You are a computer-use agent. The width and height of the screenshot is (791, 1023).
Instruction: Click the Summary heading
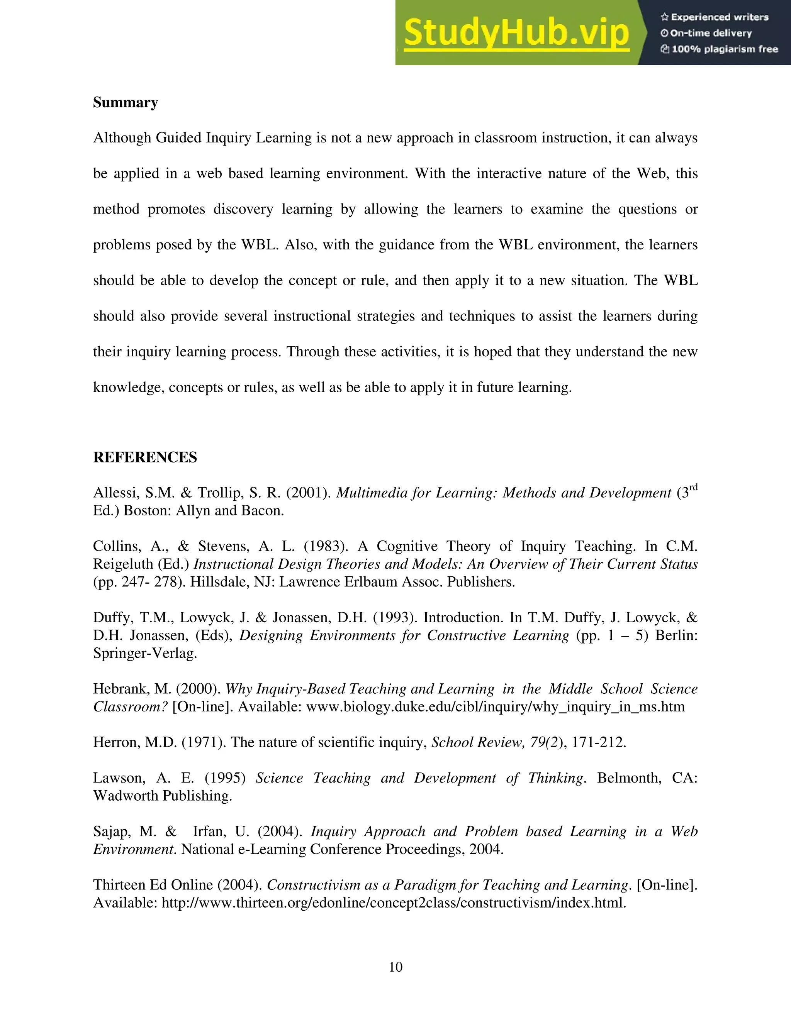[125, 103]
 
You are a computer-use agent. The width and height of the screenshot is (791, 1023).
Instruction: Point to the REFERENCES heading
[145, 457]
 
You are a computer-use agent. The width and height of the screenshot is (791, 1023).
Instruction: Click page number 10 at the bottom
[395, 967]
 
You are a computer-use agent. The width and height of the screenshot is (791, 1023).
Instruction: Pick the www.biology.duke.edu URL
[495, 707]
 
